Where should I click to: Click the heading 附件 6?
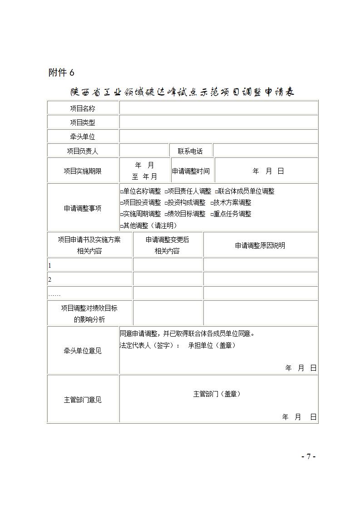pyautogui.click(x=61, y=73)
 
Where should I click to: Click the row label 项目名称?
pyautogui.click(x=83, y=108)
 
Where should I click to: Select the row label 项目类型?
pyautogui.click(x=83, y=122)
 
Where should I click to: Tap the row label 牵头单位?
pyautogui.click(x=83, y=137)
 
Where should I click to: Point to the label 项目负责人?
pyautogui.click(x=83, y=151)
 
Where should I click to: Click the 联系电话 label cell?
pyautogui.click(x=190, y=151)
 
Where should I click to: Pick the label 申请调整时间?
pyautogui.click(x=191, y=171)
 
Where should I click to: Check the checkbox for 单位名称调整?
pyautogui.click(x=122, y=192)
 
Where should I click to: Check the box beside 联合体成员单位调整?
pyautogui.click(x=217, y=192)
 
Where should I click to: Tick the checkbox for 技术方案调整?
pyautogui.click(x=212, y=203)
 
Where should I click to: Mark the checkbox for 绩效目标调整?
pyautogui.click(x=167, y=214)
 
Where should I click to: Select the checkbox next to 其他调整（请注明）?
pyautogui.click(x=122, y=225)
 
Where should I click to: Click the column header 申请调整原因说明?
pyautogui.click(x=260, y=245)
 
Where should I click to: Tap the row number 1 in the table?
pyautogui.click(x=50, y=265)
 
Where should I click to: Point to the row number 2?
pyautogui.click(x=50, y=279)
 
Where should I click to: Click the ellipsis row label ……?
pyautogui.click(x=54, y=294)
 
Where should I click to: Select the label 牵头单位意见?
pyautogui.click(x=83, y=351)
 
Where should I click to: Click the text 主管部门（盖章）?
pyautogui.click(x=217, y=394)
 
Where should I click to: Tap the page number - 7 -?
pyautogui.click(x=308, y=456)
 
